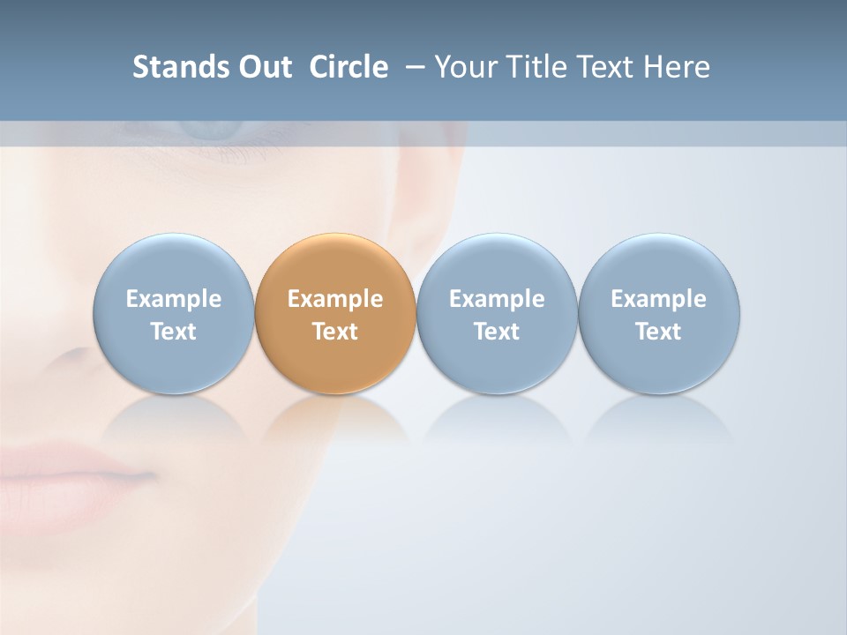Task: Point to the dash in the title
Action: click(x=412, y=67)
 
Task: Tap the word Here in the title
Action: click(x=675, y=67)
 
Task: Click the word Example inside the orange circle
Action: click(x=335, y=299)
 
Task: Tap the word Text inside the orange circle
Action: click(x=335, y=332)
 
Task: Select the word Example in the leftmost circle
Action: click(x=173, y=299)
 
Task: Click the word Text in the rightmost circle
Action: click(x=659, y=332)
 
